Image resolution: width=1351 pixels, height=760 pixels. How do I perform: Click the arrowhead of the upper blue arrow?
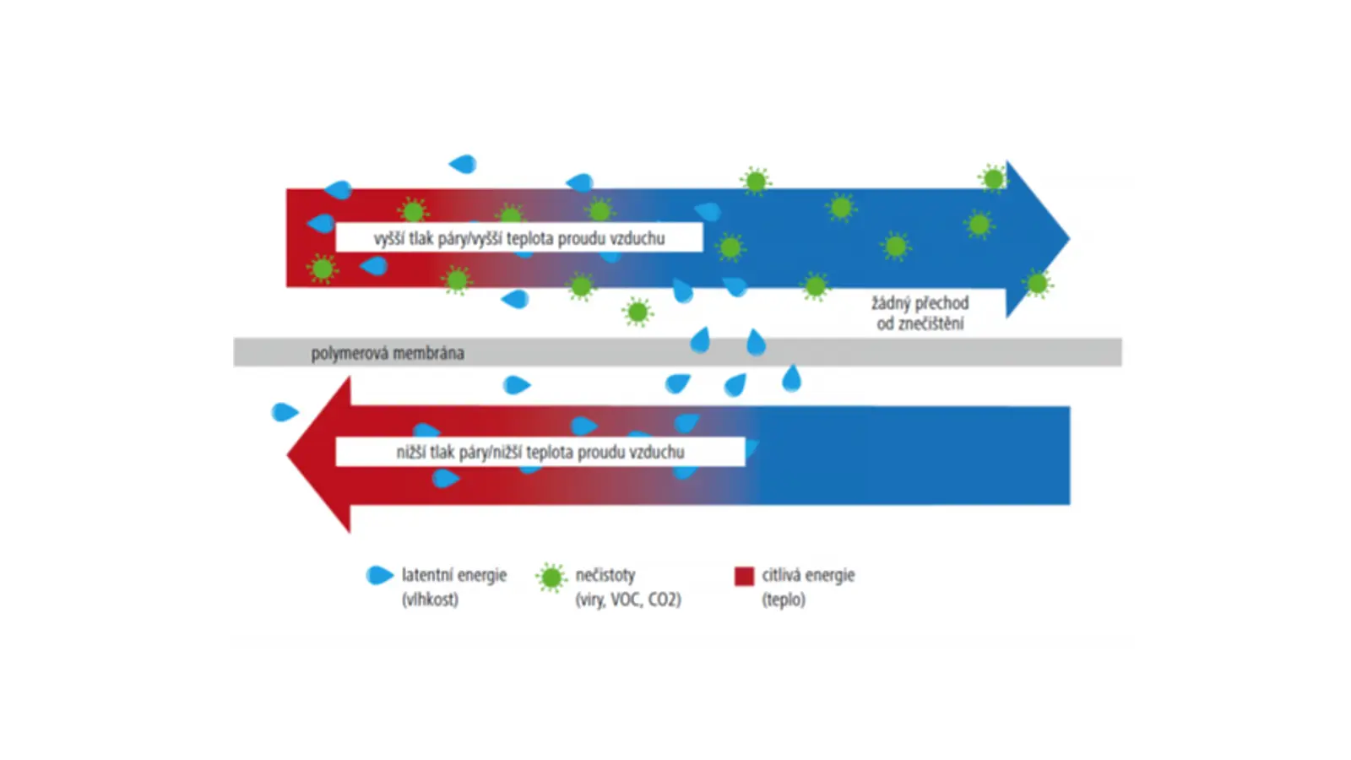coord(1036,239)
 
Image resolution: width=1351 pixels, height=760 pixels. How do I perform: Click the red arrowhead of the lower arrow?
coord(320,455)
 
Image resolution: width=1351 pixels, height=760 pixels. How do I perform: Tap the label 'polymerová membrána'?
coord(388,354)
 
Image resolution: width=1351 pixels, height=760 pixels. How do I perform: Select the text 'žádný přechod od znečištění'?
coord(920,313)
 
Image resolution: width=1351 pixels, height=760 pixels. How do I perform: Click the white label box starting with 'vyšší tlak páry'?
coord(519,237)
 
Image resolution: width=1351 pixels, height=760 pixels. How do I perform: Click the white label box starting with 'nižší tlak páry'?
coord(540,452)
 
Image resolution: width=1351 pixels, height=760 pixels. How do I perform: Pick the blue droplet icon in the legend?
coord(379,575)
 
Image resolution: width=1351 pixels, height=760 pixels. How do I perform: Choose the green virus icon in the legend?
coord(551,578)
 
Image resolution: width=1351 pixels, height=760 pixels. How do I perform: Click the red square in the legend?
coord(744,576)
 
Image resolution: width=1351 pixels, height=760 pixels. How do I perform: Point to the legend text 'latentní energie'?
coord(454,575)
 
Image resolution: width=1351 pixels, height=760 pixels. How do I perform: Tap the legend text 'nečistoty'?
coord(605,575)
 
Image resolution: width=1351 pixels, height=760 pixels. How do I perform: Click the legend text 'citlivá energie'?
coord(808,575)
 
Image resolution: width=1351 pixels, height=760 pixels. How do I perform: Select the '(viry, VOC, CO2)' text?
coord(628,600)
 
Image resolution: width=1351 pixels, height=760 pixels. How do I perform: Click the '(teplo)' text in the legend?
coord(784,600)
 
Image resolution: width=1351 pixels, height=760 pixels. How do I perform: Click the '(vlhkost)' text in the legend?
coord(430,600)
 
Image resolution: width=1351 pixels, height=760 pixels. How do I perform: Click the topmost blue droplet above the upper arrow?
coord(464,164)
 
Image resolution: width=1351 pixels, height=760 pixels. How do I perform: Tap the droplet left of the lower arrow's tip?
coord(285,413)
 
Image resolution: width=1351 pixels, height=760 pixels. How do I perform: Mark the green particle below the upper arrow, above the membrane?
coord(638,312)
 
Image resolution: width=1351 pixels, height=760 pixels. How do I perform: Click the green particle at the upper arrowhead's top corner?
coord(993,178)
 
